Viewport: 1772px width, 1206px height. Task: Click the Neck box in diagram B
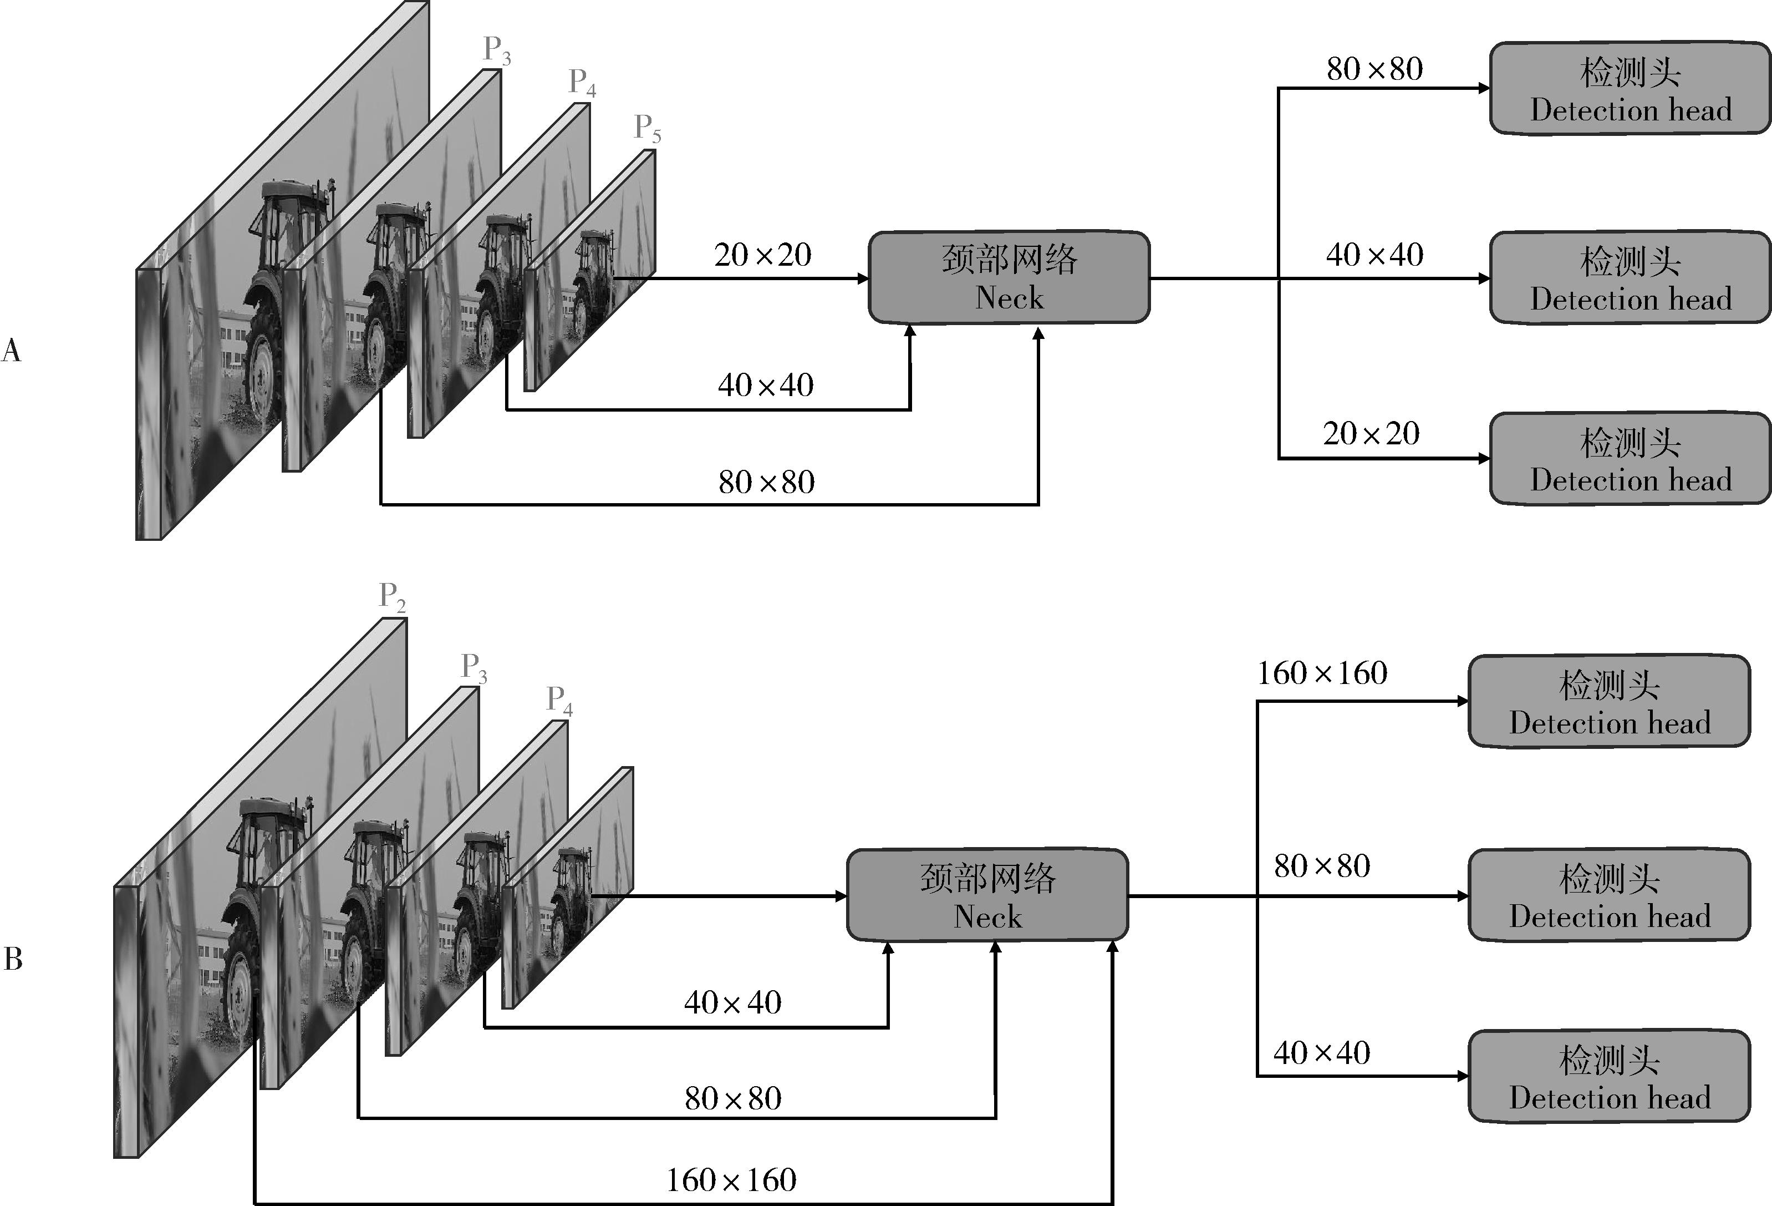987,895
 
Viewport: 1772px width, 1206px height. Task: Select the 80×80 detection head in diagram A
1630,89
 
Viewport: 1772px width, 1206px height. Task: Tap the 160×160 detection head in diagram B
1609,702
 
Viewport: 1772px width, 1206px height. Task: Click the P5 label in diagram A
646,128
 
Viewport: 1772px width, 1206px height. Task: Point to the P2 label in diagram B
392,596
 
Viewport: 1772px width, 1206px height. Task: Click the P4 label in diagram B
559,700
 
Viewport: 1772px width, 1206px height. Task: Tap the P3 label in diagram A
496,50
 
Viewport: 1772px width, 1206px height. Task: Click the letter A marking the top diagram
12,351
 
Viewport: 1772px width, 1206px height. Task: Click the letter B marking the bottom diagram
13,959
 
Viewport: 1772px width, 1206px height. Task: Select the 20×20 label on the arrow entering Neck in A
762,255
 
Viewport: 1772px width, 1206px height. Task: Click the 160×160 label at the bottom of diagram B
731,1180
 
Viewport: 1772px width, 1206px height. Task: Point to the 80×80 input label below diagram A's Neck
766,482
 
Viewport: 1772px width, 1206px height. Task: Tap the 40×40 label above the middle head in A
1374,255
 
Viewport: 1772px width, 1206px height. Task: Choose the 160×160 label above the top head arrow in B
1321,673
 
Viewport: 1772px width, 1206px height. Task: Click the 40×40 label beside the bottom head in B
1321,1053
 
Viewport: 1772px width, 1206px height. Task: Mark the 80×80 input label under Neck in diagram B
733,1098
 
